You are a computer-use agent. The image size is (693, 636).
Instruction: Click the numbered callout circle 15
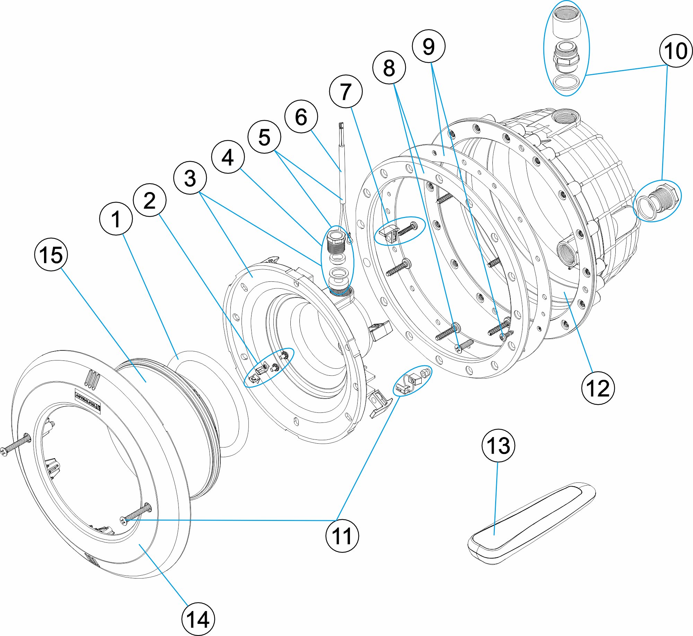click(51, 254)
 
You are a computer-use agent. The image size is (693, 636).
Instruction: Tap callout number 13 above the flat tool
click(498, 445)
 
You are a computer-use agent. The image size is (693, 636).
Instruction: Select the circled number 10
click(675, 51)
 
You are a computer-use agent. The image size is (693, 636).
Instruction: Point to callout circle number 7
click(345, 92)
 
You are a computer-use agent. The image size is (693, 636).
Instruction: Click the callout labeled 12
click(598, 388)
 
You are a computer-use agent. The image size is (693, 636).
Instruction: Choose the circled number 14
click(198, 619)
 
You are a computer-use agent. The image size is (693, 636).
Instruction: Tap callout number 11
click(342, 536)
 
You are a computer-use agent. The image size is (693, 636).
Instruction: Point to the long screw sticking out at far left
click(16, 445)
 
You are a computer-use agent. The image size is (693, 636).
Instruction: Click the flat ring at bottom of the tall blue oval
click(566, 82)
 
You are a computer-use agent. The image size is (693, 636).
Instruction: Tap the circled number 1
click(116, 219)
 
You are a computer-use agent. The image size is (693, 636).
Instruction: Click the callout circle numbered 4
click(228, 157)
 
